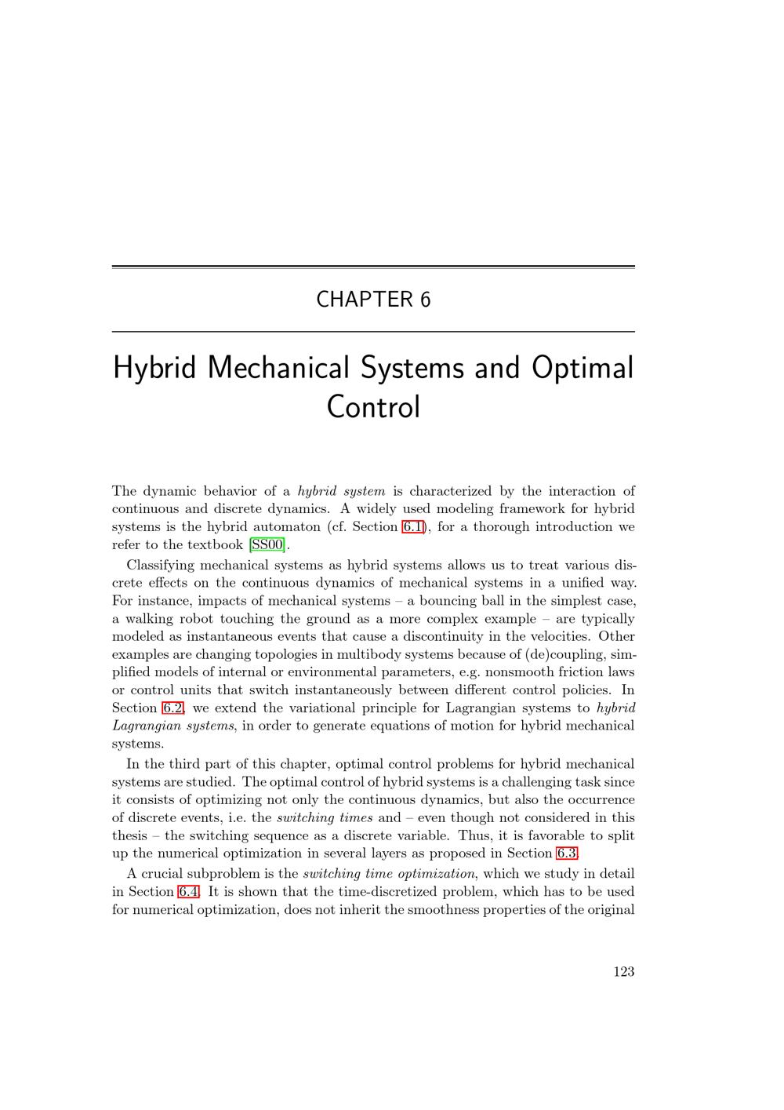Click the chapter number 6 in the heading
click(425, 300)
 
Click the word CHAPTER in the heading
click(365, 300)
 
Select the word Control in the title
click(373, 407)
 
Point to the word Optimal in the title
click(583, 368)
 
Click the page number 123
click(624, 972)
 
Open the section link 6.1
click(412, 527)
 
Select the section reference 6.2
click(172, 708)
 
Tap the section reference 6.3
click(567, 853)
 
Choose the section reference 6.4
click(189, 892)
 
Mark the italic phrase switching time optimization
click(390, 874)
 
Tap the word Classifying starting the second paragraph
click(160, 566)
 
